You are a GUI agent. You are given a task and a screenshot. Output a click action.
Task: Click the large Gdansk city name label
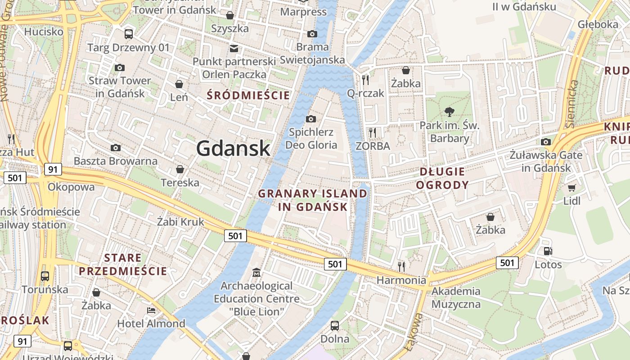(x=233, y=148)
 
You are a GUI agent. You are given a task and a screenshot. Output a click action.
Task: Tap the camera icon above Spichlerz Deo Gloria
(x=310, y=119)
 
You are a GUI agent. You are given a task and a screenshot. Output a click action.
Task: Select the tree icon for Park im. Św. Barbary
(x=449, y=112)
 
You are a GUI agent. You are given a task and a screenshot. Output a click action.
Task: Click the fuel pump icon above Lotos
(x=548, y=251)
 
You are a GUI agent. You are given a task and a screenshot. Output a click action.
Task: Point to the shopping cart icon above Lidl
(x=571, y=188)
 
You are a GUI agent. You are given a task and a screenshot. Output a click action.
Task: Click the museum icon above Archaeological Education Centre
(x=256, y=272)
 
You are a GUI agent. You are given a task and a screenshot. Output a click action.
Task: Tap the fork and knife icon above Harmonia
(x=401, y=266)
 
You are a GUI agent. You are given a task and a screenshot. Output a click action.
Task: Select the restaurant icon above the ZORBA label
(x=372, y=132)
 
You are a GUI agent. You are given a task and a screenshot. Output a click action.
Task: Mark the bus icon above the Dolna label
(x=335, y=325)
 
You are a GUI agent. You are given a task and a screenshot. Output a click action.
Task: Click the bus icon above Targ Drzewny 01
(x=129, y=34)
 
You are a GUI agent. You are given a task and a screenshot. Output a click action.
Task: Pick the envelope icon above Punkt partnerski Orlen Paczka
(x=234, y=48)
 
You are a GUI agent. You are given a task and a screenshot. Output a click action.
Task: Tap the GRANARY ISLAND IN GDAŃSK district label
(x=313, y=200)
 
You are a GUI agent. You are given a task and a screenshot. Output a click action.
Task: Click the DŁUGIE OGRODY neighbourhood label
(x=442, y=178)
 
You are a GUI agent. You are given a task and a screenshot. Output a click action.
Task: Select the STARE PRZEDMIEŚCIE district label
(x=123, y=265)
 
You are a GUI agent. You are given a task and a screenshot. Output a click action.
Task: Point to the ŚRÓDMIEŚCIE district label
(x=248, y=95)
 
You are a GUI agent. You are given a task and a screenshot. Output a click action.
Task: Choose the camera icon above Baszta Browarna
(x=116, y=148)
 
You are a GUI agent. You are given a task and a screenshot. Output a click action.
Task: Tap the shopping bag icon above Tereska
(x=180, y=169)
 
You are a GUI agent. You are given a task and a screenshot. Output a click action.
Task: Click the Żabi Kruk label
(x=180, y=221)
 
